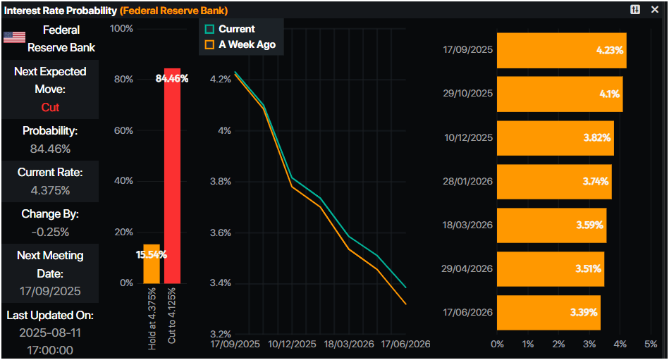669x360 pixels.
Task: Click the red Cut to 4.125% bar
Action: (x=173, y=183)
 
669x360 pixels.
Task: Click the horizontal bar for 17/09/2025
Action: (x=561, y=50)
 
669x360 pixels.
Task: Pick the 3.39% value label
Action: (x=582, y=312)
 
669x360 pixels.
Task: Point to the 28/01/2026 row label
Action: (x=467, y=181)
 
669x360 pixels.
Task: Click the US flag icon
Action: (x=14, y=37)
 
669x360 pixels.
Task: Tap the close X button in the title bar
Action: (x=655, y=9)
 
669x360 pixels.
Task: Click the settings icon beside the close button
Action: (x=634, y=9)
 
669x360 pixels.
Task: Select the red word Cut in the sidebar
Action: (x=50, y=107)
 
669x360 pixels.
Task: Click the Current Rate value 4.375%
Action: (x=50, y=190)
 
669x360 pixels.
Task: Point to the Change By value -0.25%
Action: (x=50, y=232)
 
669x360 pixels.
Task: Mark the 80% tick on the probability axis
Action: (x=124, y=79)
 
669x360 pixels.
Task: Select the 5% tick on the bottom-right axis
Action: (x=651, y=344)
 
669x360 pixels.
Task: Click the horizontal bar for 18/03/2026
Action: (x=551, y=225)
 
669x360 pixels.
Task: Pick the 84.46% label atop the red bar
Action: (x=172, y=78)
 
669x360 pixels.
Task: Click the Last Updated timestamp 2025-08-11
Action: (x=50, y=333)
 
